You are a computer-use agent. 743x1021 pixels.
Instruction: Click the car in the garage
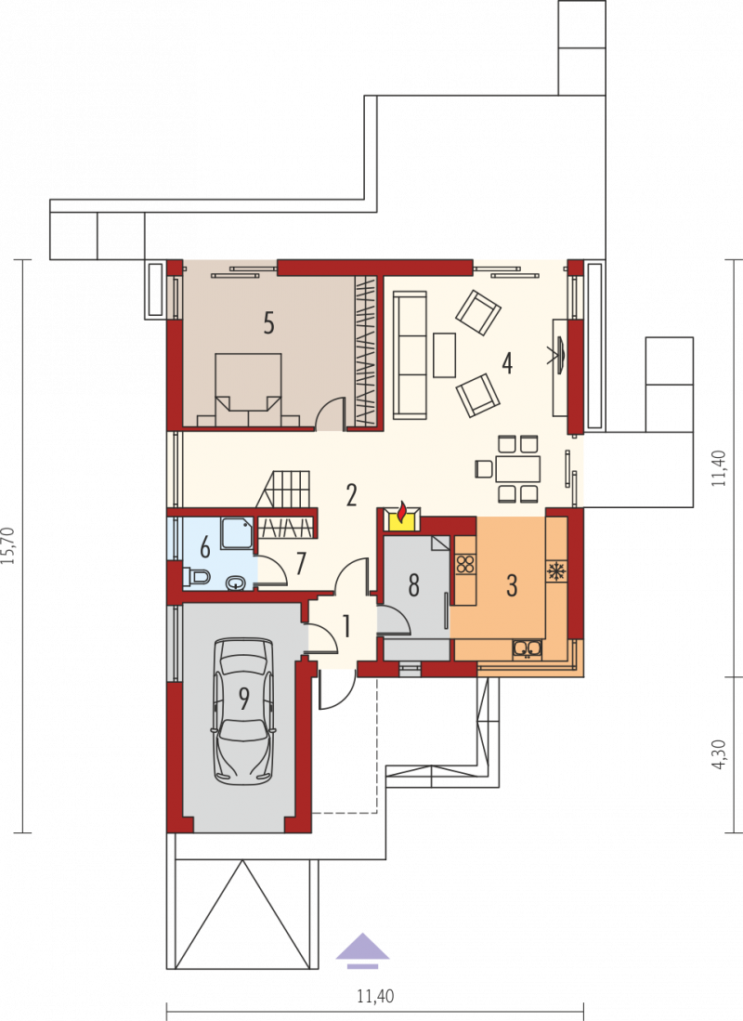pos(243,711)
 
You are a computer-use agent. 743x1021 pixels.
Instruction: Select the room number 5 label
pos(268,323)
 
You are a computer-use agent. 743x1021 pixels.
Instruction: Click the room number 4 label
pos(506,363)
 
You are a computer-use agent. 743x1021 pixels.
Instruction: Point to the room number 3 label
pos(512,585)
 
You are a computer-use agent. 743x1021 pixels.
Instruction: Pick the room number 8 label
pos(413,585)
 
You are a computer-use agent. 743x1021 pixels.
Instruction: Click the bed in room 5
pos(248,390)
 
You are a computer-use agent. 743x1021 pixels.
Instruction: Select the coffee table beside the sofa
pos(445,355)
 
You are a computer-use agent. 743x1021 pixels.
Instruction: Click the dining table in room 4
pos(517,469)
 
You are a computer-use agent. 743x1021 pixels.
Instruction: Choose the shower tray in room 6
pos(237,533)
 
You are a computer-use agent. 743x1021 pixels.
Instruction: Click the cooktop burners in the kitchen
pos(465,563)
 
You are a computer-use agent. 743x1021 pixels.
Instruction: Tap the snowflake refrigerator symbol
pos(556,571)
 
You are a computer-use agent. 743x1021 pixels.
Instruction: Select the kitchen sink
pos(527,648)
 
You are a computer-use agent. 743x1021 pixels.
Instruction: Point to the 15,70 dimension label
pos(8,545)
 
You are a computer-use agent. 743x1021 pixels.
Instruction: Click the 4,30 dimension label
pos(719,754)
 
